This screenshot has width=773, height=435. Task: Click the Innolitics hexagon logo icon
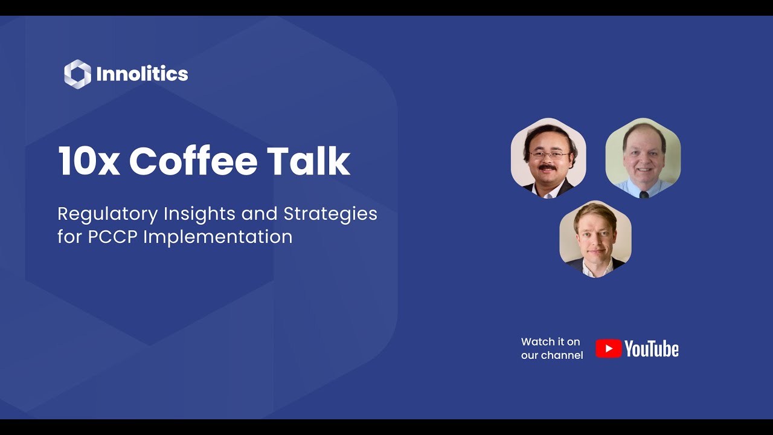pos(77,74)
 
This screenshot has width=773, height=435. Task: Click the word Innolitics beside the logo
pos(142,74)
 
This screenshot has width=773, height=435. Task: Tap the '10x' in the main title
pos(88,161)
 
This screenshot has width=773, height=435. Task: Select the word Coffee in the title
pos(193,161)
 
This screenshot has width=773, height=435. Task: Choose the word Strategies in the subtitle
pos(330,214)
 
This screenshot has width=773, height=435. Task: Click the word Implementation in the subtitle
pos(218,237)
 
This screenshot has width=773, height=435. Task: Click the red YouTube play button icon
pos(608,349)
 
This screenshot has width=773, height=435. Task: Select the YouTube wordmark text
pos(652,349)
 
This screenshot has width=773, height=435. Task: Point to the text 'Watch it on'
pos(550,342)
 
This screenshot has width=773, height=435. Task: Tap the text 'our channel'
pos(552,355)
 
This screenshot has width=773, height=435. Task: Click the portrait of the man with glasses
pos(548,158)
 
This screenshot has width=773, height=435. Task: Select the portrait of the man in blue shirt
pos(643,158)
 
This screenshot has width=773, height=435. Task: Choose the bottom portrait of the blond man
pos(595,239)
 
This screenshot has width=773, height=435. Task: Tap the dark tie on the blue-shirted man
pos(644,195)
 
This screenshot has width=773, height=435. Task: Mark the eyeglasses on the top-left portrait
pos(548,155)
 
